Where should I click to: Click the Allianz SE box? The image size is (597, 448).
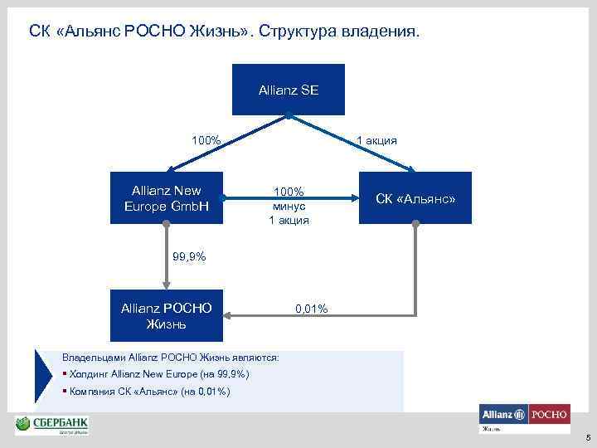pos(288,89)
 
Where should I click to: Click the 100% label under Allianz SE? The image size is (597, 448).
pos(206,140)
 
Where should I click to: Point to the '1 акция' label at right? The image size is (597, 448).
pos(377,140)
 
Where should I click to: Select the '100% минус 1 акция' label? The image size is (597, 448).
pos(289,206)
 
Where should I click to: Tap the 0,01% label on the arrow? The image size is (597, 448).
pos(311,309)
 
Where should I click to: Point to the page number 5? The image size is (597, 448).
pos(587,438)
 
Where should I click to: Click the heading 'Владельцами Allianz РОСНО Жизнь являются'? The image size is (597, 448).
pos(171,357)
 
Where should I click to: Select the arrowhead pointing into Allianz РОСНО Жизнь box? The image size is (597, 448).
pos(235,315)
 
